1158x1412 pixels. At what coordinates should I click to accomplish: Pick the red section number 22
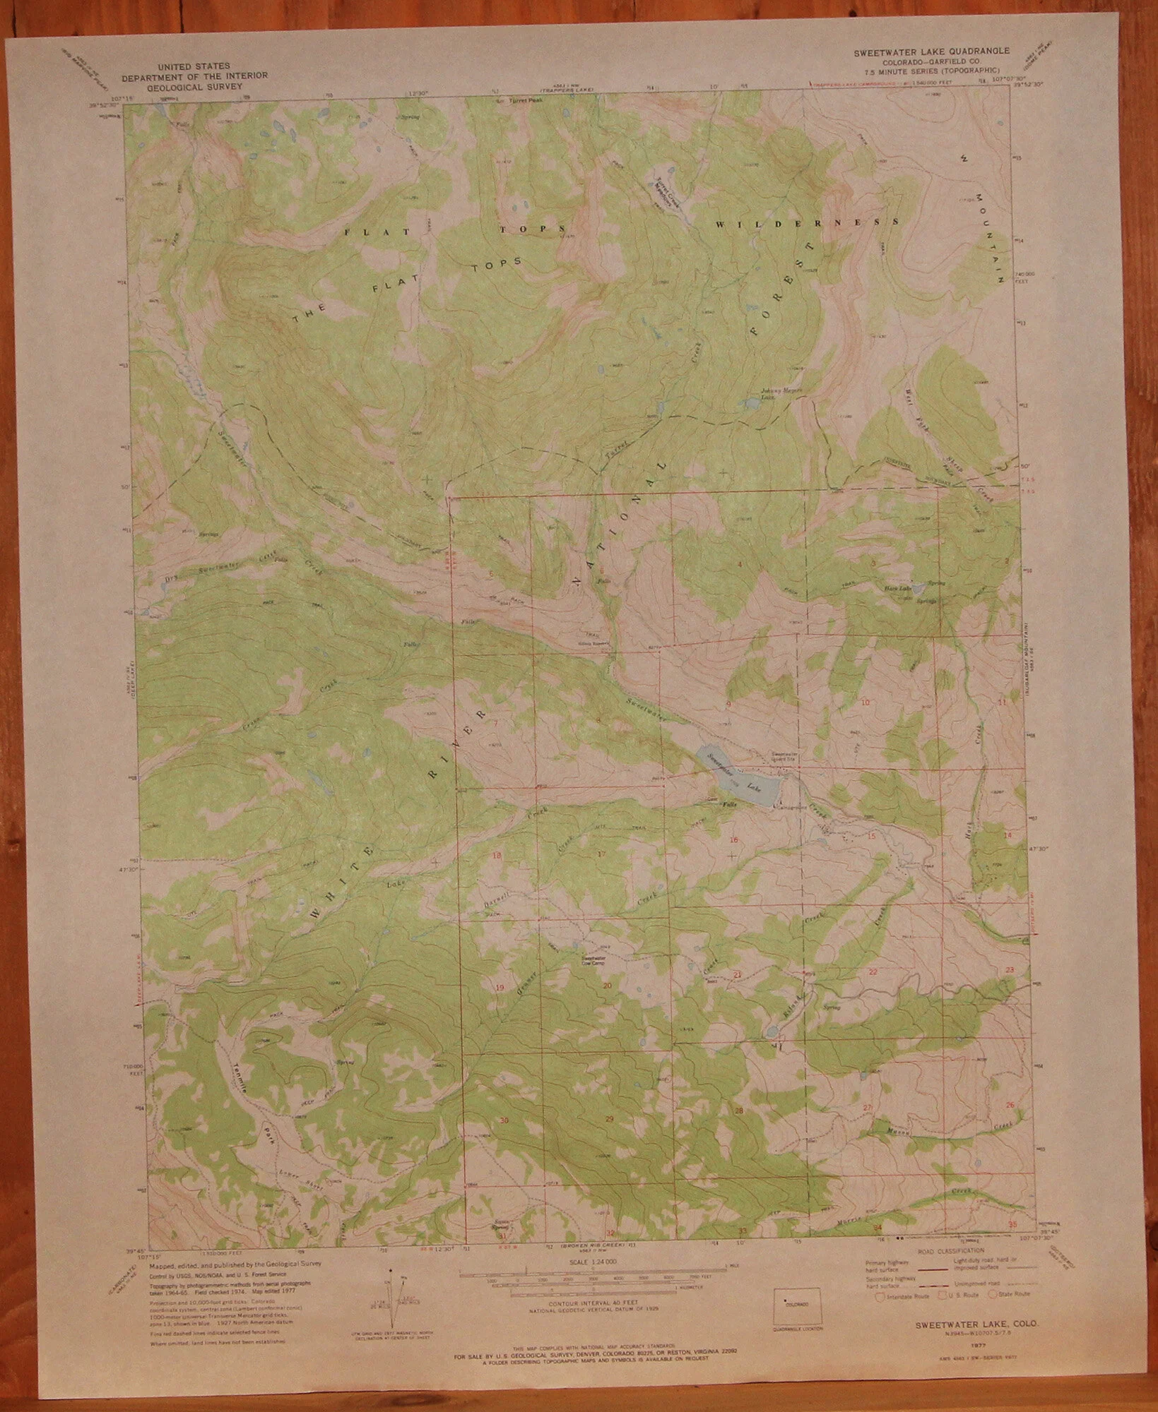(873, 972)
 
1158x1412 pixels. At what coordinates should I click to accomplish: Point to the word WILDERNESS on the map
(806, 224)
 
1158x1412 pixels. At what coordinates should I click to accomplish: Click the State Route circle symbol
(993, 1295)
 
